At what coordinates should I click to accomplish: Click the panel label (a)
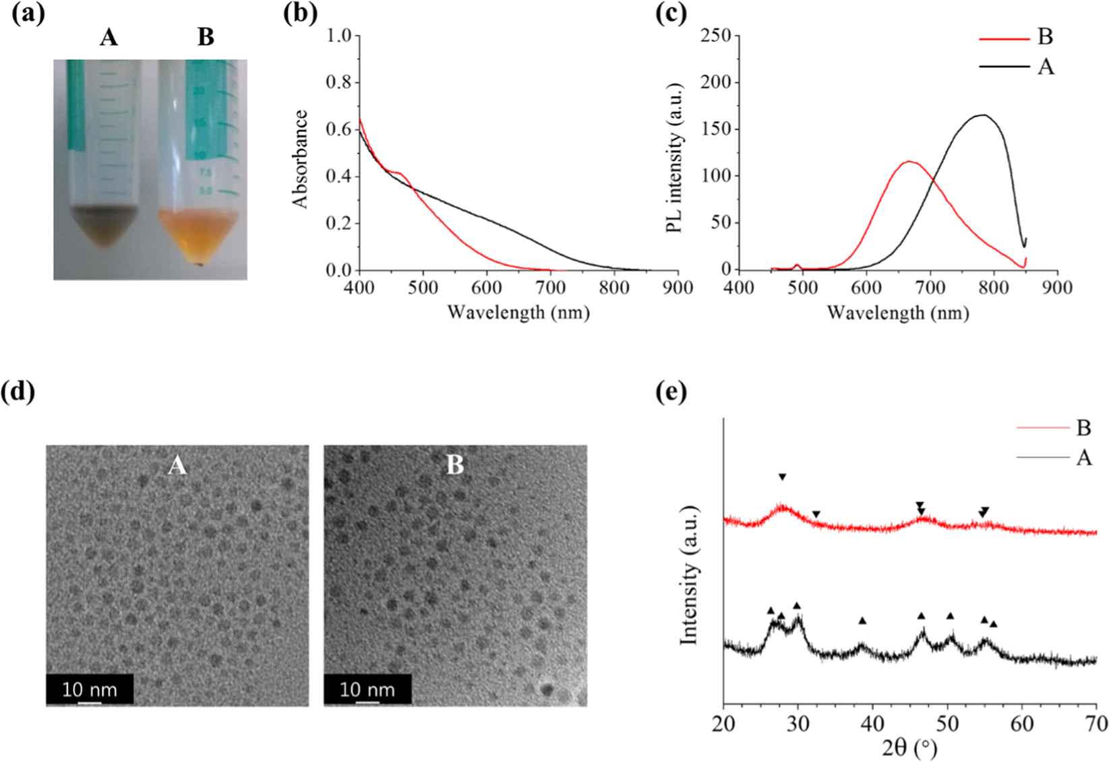pos(28,14)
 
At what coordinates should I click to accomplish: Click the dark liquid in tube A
pos(104,225)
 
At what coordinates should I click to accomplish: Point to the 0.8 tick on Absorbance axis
pos(342,82)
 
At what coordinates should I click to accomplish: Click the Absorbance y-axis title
pos(299,159)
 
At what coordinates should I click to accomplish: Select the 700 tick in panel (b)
pos(550,288)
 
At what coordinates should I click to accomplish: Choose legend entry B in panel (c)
pos(1044,37)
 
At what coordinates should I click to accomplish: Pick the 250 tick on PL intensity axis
pos(715,35)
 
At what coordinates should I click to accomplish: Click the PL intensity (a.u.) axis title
pos(675,159)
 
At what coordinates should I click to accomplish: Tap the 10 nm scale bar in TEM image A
pos(90,690)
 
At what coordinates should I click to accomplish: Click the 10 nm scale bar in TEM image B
pos(367,690)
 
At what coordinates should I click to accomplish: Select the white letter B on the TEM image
pos(455,465)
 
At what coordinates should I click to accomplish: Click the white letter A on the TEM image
pos(177,465)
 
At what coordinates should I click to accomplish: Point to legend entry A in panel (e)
pos(1083,458)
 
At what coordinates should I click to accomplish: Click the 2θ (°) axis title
pos(909,747)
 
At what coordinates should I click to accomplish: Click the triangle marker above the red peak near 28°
pos(782,477)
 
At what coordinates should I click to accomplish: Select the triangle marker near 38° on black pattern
pos(862,621)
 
